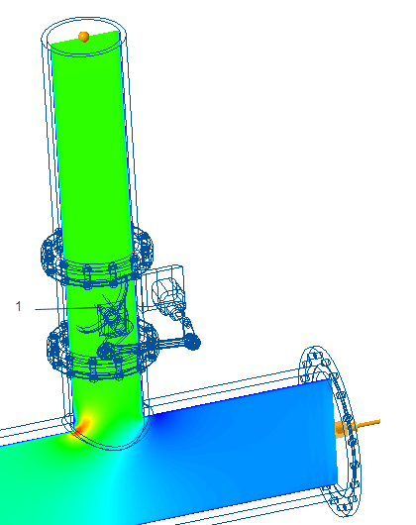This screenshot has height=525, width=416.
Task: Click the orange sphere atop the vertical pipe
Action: point(83,37)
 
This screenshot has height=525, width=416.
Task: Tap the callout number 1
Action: point(19,306)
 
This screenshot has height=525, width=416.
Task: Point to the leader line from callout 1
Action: point(68,308)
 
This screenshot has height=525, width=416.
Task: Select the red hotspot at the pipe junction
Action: point(82,426)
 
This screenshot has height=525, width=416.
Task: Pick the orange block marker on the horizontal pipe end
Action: point(341,430)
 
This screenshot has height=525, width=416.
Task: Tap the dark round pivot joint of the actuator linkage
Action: point(192,342)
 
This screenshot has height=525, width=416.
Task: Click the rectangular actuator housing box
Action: point(162,288)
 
